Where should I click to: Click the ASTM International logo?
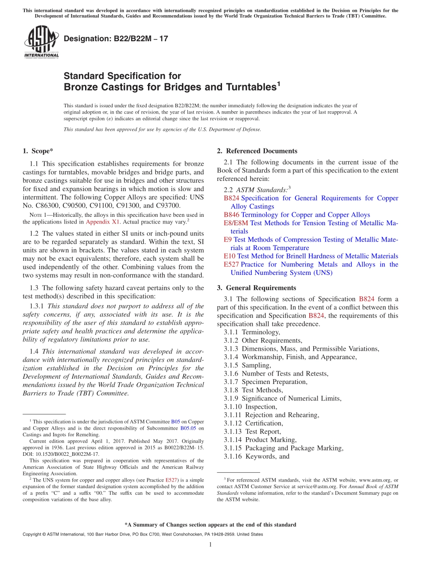pos(41,42)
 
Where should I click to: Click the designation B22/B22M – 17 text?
pos(116,39)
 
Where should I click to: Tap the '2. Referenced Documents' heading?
pos(257,151)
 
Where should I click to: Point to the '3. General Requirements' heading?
pos(257,288)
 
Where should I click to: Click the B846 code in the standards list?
pos(231,215)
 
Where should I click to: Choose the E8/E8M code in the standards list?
pos(236,223)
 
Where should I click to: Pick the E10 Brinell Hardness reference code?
pos(230,256)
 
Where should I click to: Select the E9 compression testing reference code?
pos(228,239)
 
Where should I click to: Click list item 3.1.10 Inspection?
pos(250,407)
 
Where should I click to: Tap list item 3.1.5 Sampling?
pos(247,365)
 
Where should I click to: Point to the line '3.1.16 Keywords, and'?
pos(257,456)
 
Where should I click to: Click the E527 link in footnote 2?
pos(171,480)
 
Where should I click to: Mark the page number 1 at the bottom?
pos(210,544)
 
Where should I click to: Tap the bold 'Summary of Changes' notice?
pos(210,525)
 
